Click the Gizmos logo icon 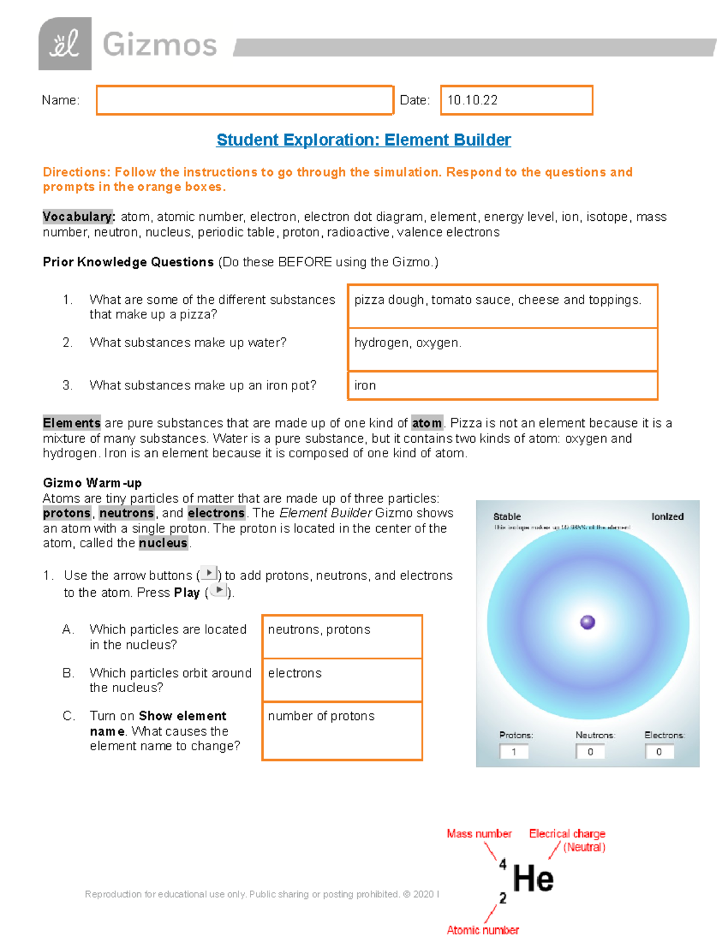coord(65,44)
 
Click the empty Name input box coord(244,100)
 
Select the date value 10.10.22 coord(473,100)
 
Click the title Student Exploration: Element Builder coord(363,140)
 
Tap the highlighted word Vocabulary coord(78,217)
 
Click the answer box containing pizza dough coord(502,306)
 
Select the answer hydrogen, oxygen coord(408,343)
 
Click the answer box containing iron coord(502,385)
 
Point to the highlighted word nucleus coord(163,543)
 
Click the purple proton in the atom coord(587,622)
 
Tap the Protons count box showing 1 coord(514,752)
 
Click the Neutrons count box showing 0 coord(590,752)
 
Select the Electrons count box coord(659,752)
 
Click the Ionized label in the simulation coord(667,517)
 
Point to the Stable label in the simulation coord(507,517)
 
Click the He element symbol coord(533,879)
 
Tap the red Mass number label coord(479,834)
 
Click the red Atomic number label coord(483,930)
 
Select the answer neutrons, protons coord(319,630)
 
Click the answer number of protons coord(322,716)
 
